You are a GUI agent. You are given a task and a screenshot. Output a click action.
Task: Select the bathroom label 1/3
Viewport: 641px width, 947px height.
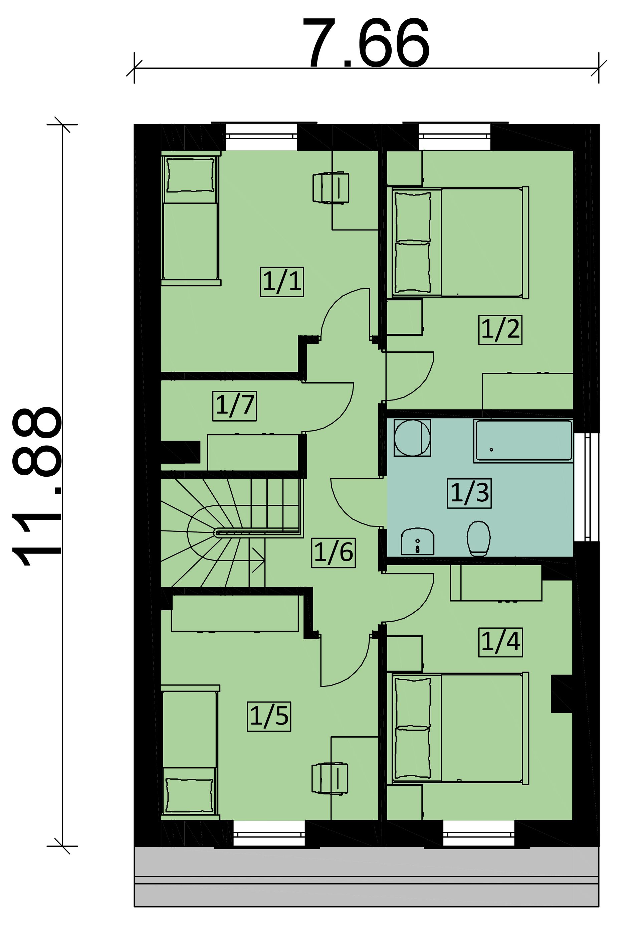[x=469, y=493]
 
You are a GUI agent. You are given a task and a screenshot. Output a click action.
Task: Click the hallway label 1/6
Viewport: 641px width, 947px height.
[x=334, y=553]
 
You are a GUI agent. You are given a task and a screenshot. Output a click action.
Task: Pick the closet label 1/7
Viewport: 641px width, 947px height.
[x=235, y=406]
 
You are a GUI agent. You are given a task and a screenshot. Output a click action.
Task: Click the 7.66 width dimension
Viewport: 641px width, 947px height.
[x=366, y=44]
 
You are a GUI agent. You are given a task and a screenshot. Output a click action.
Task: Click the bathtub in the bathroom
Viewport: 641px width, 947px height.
[x=523, y=441]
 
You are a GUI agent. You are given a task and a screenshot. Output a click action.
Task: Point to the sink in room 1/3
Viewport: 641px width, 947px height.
[x=417, y=541]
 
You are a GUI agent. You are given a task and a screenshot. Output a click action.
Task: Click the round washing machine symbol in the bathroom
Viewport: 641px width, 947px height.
[x=412, y=438]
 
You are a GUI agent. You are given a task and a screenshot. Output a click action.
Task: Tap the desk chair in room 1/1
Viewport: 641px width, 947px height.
[x=331, y=188]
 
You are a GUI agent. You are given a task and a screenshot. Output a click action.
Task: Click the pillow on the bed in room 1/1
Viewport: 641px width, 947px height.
[x=191, y=175]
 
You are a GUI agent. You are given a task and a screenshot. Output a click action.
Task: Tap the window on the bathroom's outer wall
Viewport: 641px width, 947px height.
[x=587, y=488]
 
